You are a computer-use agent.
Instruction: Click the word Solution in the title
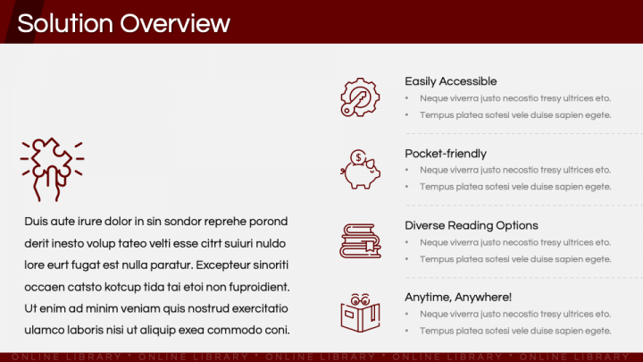point(65,23)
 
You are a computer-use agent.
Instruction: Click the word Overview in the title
point(175,23)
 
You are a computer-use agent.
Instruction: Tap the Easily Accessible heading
point(451,81)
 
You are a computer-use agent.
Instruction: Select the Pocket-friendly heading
point(446,154)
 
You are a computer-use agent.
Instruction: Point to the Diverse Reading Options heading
point(472,226)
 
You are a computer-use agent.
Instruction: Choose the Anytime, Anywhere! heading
point(458,297)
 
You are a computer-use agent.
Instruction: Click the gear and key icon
point(360,97)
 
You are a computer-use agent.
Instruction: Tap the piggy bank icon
point(360,169)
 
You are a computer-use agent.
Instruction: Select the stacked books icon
point(360,241)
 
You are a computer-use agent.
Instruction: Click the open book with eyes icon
point(360,313)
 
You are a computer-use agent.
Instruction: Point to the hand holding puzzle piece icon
point(52,169)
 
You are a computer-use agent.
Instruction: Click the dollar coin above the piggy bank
point(358,156)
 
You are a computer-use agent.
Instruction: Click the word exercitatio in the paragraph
point(260,308)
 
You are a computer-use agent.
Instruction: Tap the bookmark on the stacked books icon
point(370,246)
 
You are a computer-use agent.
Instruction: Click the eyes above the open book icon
point(360,299)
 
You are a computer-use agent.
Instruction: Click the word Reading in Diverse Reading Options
point(470,226)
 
